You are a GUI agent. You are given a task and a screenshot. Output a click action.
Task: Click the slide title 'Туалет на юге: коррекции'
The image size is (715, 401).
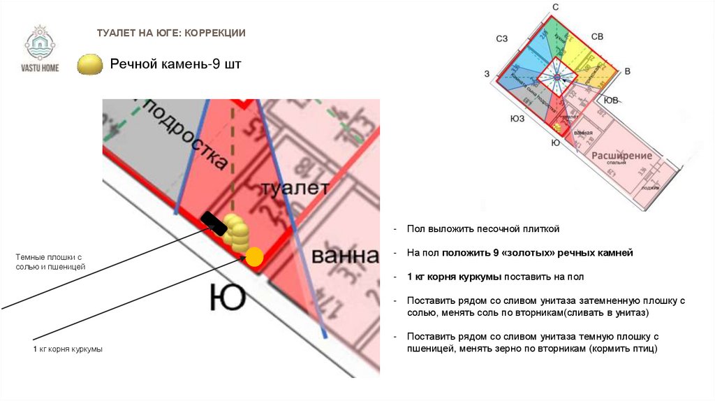[170, 33]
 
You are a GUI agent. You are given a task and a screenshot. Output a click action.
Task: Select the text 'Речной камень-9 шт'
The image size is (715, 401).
[175, 65]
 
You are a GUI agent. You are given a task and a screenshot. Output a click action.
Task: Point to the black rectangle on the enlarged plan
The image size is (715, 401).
[214, 224]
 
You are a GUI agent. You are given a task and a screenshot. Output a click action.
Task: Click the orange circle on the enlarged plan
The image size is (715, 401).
[254, 256]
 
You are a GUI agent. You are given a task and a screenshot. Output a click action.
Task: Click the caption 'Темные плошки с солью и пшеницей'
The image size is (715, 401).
[51, 263]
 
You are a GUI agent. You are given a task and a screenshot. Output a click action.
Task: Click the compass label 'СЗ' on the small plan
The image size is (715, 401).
[501, 39]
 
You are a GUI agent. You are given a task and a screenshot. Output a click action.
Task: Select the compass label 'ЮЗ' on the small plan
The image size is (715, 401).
[517, 119]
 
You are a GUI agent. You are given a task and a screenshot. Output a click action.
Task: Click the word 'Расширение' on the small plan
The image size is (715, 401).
[621, 155]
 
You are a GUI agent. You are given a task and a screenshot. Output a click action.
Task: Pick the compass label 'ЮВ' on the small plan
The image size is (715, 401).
[610, 100]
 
